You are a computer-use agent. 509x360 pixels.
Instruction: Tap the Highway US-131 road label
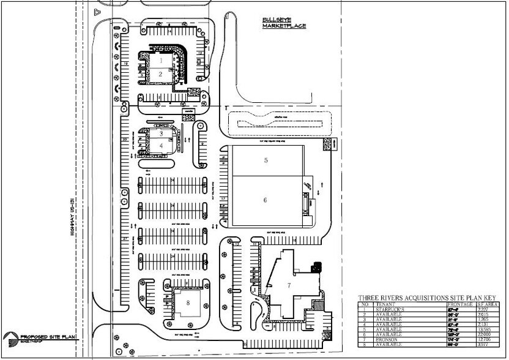(72, 218)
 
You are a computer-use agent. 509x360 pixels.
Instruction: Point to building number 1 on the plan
(160, 61)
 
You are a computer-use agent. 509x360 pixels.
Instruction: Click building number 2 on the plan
(160, 74)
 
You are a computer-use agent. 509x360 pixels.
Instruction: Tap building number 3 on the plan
(160, 133)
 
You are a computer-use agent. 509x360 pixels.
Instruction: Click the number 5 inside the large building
(266, 160)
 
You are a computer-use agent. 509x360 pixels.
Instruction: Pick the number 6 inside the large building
(266, 200)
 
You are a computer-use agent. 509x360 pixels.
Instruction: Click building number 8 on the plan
(188, 302)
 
